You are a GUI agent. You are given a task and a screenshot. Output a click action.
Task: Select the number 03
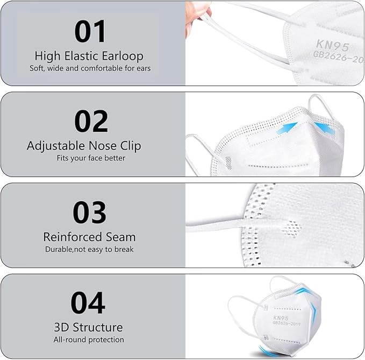[x=89, y=213]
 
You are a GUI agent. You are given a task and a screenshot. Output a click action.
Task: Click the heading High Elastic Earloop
[x=89, y=55]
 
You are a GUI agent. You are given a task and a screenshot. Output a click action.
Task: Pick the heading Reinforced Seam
[x=89, y=237]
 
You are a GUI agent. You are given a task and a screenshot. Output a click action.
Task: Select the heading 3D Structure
[x=89, y=327]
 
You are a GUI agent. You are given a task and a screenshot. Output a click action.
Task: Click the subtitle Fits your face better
[x=90, y=158]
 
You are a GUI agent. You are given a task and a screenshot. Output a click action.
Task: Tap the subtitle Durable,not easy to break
[x=89, y=249]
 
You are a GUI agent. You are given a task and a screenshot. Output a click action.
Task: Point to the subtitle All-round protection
[x=89, y=340]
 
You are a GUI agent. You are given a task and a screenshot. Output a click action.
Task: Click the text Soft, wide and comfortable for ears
[x=90, y=68]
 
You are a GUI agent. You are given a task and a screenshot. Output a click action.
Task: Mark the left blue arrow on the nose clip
[x=290, y=125]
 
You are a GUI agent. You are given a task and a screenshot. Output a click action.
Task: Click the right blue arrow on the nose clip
[x=323, y=128]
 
